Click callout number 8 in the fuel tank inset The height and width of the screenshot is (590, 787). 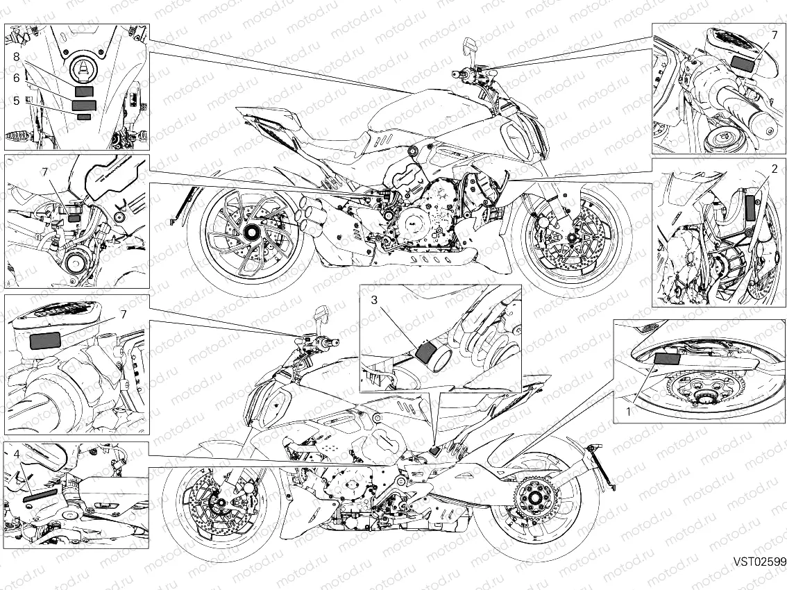pos(16,57)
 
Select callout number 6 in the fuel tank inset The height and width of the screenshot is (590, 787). pos(16,78)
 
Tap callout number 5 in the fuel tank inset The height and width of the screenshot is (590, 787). pos(16,100)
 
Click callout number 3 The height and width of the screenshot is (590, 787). pos(373,300)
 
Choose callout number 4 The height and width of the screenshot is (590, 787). pos(17,455)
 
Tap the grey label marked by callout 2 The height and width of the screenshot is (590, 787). pos(750,208)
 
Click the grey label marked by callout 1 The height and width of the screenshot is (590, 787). pos(668,358)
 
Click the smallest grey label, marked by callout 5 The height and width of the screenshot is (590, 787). pos(84,117)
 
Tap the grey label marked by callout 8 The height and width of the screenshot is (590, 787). pos(84,91)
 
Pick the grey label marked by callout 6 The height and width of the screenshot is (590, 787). pos(85,105)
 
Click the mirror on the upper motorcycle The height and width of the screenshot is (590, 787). pos(469,46)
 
